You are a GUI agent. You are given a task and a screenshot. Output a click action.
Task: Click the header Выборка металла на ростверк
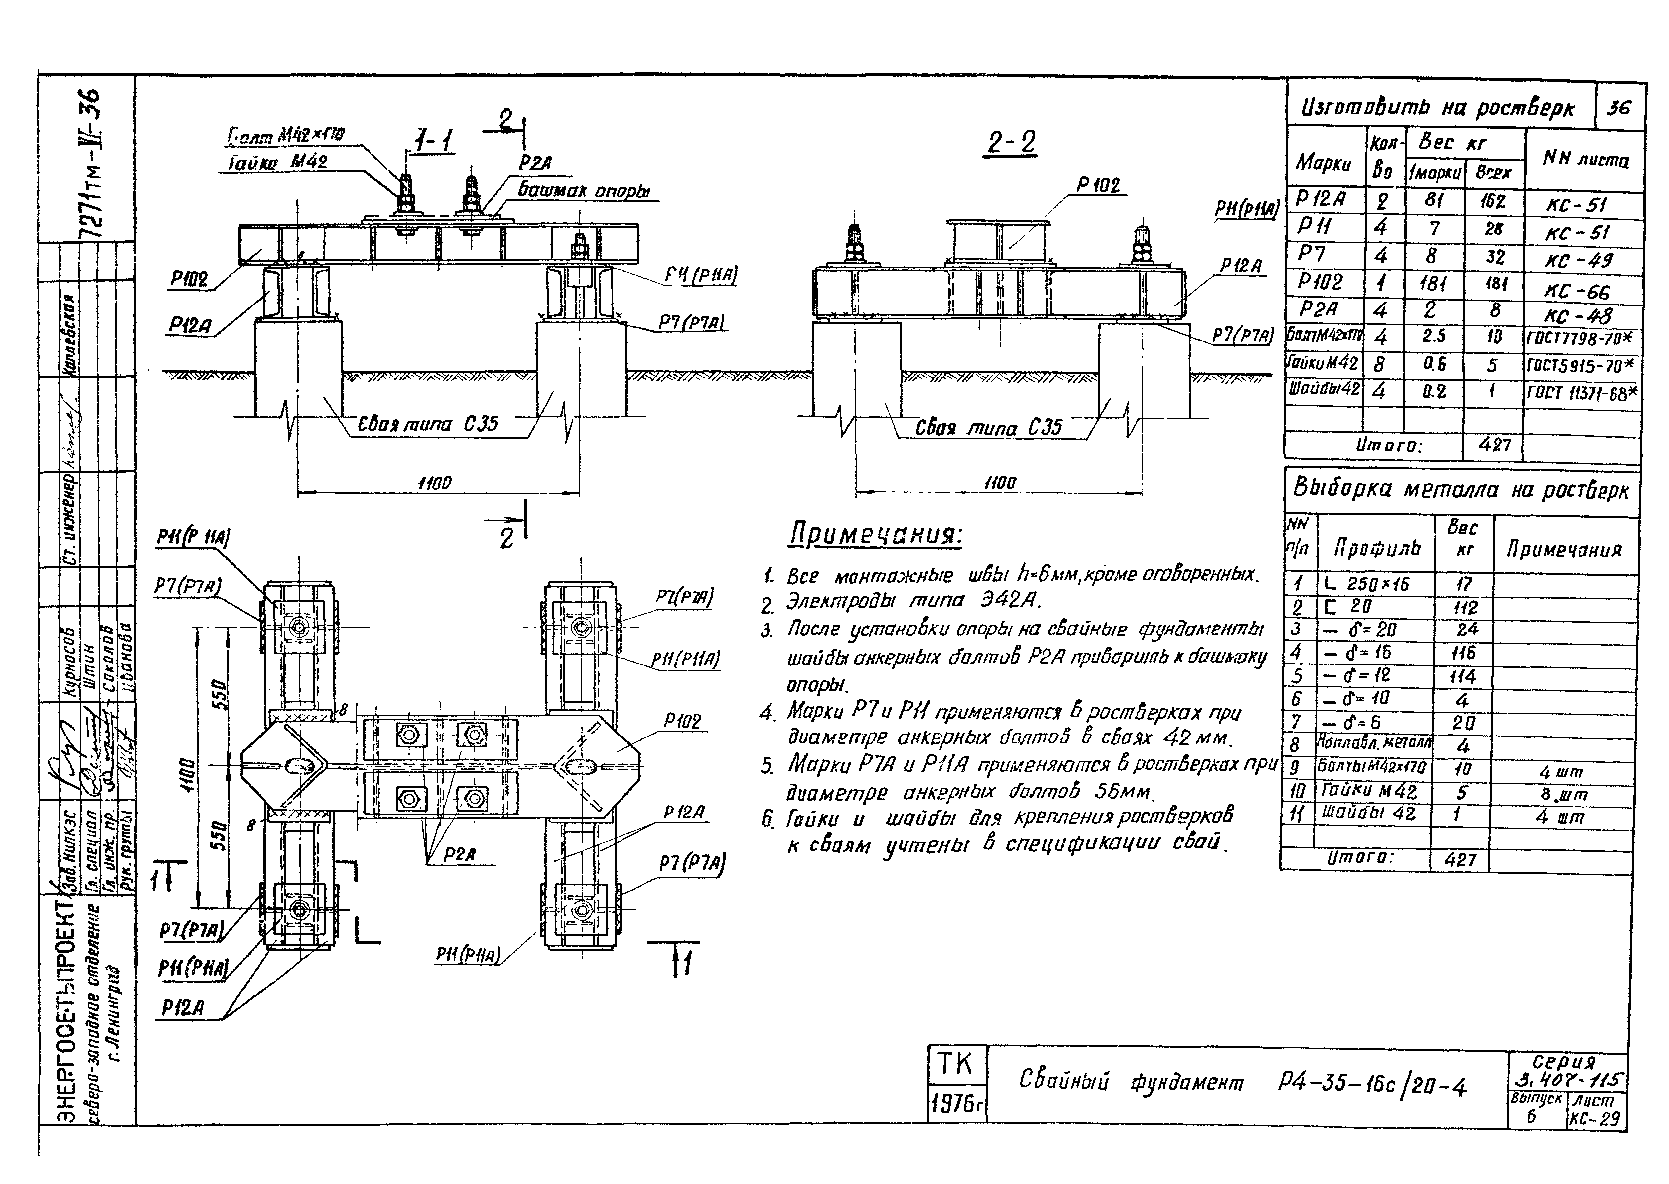[1460, 489]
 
